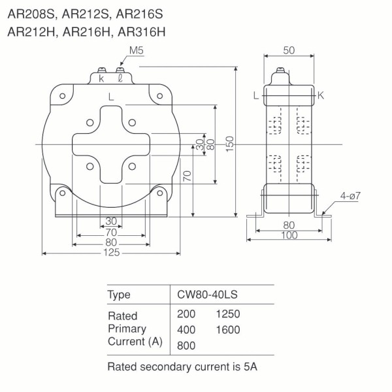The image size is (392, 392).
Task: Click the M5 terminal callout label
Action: click(x=136, y=52)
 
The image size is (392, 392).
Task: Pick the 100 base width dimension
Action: click(x=289, y=236)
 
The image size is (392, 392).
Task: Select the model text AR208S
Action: click(x=31, y=12)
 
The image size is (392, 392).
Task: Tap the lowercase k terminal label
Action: click(x=101, y=78)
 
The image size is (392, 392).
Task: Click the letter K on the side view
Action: click(x=321, y=95)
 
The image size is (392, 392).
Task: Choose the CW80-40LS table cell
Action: click(x=207, y=295)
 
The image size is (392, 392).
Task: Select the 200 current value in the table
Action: click(x=186, y=314)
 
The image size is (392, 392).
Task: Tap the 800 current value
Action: click(x=186, y=344)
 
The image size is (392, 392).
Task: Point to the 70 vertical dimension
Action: click(x=188, y=176)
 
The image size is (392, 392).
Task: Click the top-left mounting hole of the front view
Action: click(x=62, y=96)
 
